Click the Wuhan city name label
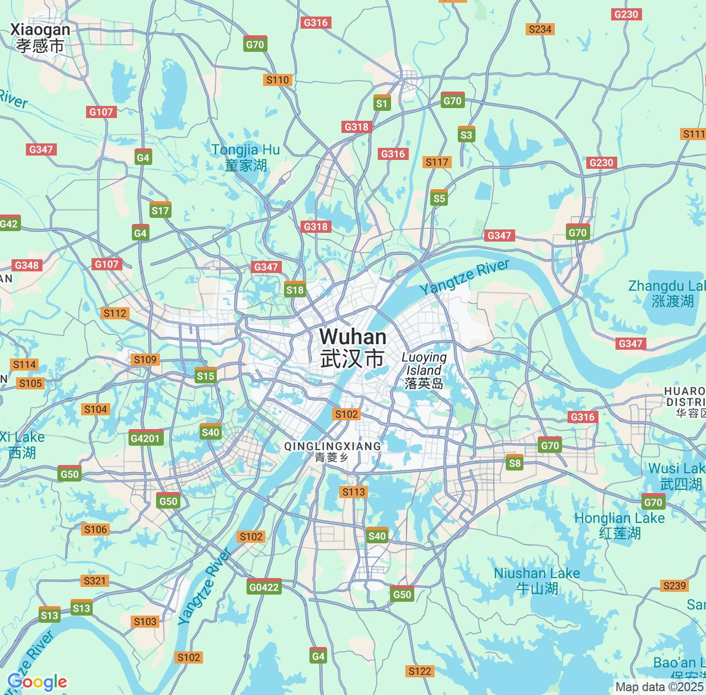(352, 347)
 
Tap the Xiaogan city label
(40, 37)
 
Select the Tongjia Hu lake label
(245, 157)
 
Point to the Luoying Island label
(424, 370)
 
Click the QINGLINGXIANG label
(332, 451)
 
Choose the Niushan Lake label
(537, 580)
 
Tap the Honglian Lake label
(619, 525)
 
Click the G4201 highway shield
(146, 438)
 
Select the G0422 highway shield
(264, 586)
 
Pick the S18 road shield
(295, 290)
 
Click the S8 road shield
(514, 462)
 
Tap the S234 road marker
(539, 29)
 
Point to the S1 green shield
(382, 103)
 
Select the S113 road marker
(353, 491)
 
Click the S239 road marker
(674, 585)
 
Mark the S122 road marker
(419, 671)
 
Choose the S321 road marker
(95, 580)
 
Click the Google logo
(36, 682)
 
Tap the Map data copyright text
(660, 687)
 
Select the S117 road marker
(437, 162)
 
